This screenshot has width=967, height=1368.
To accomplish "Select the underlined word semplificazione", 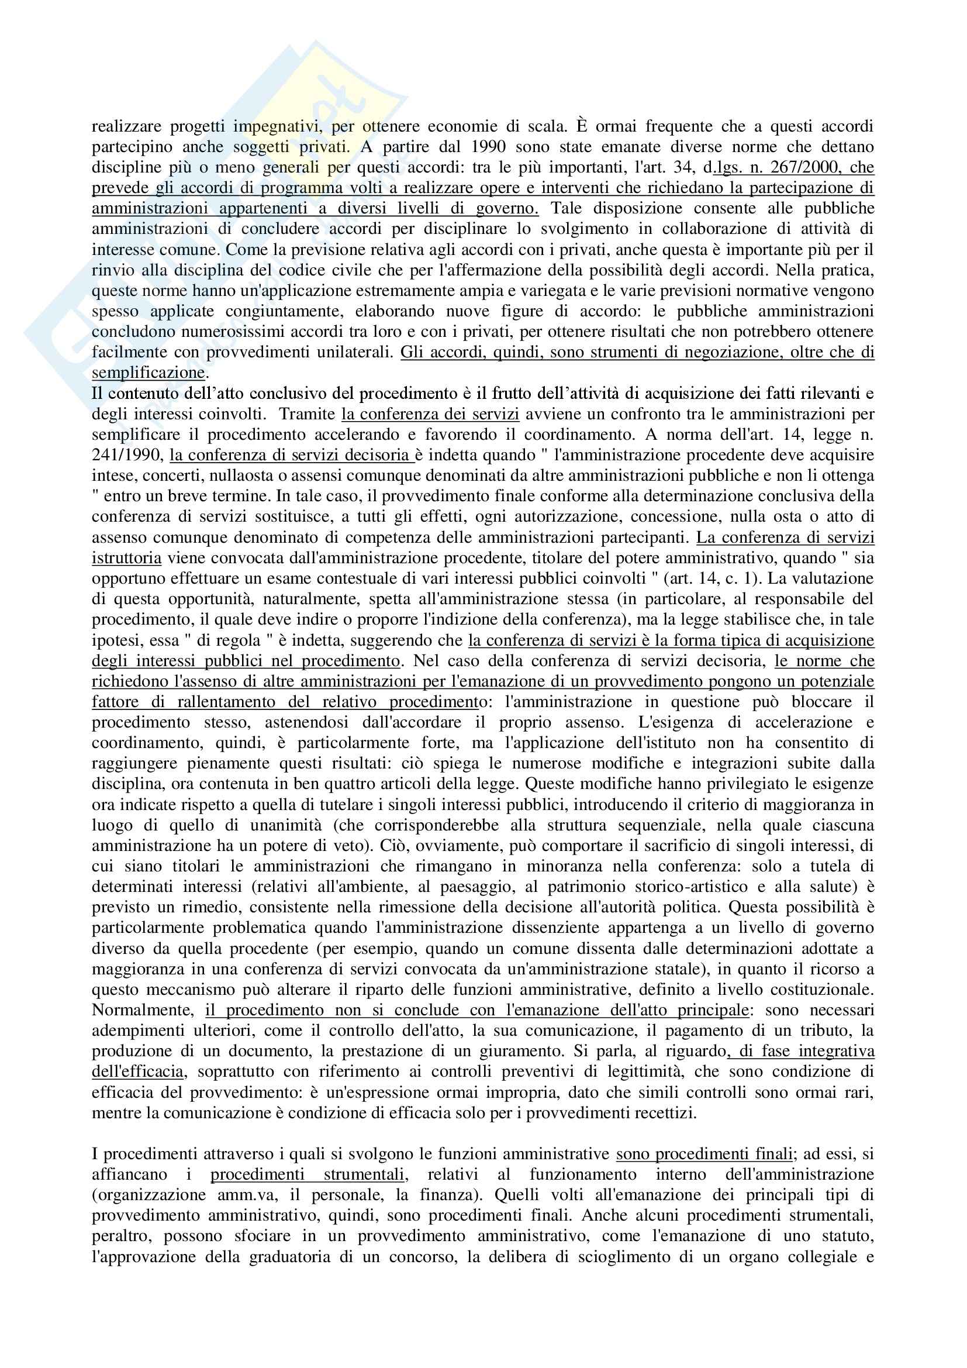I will click(148, 373).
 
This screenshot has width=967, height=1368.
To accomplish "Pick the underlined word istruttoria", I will click(126, 559).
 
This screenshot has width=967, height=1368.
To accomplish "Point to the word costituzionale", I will click(819, 990).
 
